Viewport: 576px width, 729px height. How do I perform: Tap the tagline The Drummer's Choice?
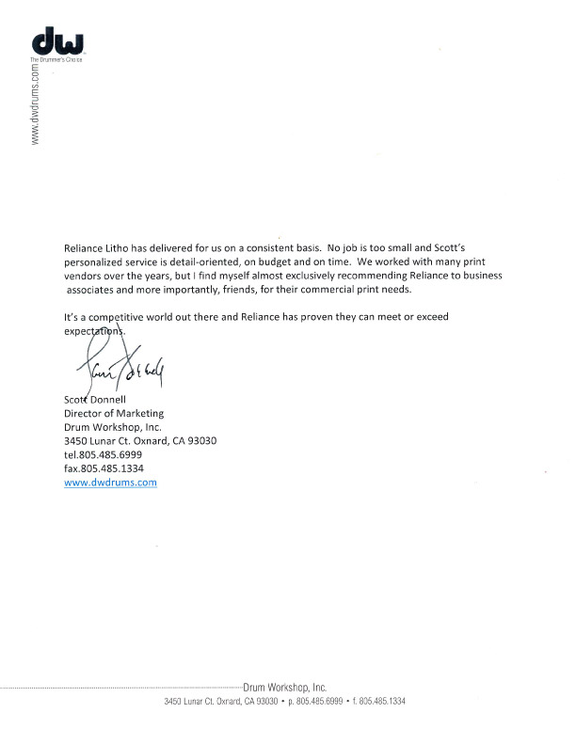(x=56, y=59)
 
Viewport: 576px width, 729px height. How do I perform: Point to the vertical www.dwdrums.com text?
(x=36, y=104)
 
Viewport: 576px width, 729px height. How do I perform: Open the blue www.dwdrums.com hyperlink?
(x=110, y=483)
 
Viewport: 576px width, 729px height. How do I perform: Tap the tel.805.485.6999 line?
(x=103, y=454)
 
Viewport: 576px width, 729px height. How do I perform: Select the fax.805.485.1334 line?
(x=104, y=468)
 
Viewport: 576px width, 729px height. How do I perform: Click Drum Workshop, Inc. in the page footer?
(x=285, y=689)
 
